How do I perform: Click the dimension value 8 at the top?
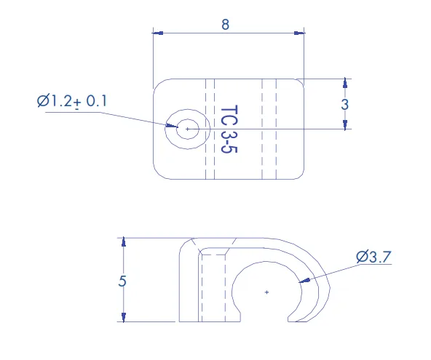pos(225,25)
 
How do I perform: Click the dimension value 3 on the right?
pos(344,104)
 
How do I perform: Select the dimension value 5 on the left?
pos(122,281)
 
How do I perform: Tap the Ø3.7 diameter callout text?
pos(373,257)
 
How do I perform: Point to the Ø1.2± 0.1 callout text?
pos(72,101)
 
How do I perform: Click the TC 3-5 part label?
pos(229,129)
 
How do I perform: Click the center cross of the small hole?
pos(187,129)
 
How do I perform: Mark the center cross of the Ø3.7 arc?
pos(266,292)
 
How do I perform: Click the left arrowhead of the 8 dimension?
pos(158,33)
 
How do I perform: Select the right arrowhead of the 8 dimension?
pos(299,33)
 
